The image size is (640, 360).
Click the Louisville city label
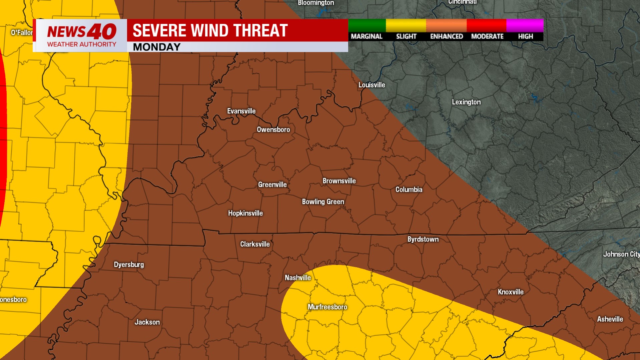click(x=372, y=85)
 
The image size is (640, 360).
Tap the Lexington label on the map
click(x=466, y=102)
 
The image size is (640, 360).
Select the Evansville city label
click(x=241, y=111)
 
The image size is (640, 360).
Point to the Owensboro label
click(x=273, y=129)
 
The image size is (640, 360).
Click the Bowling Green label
click(x=323, y=202)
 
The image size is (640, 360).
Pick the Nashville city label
click(x=297, y=278)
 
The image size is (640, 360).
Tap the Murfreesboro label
click(x=327, y=307)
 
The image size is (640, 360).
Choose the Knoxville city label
click(x=510, y=292)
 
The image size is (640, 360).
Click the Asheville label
click(x=610, y=319)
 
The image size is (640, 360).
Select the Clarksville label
click(x=255, y=244)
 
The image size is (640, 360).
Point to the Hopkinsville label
click(x=245, y=213)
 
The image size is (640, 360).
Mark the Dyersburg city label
click(x=129, y=265)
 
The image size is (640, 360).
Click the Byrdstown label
click(x=423, y=239)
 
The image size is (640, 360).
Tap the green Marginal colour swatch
click(x=367, y=25)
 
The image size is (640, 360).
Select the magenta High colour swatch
click(x=525, y=25)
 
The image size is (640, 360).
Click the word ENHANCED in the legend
click(x=446, y=36)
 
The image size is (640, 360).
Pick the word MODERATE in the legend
click(x=487, y=36)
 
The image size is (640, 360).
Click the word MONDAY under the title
click(x=156, y=47)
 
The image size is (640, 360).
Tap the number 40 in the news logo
click(x=102, y=32)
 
